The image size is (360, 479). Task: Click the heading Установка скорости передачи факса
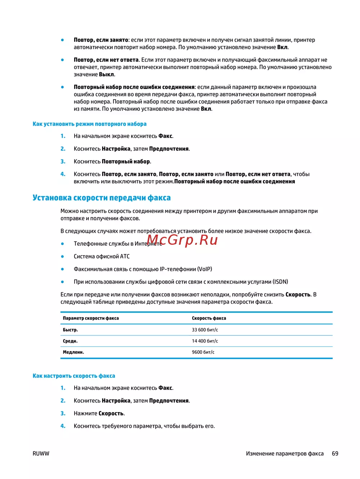click(102, 198)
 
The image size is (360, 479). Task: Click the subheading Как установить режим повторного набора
click(89, 124)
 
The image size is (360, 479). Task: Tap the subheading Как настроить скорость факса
click(74, 376)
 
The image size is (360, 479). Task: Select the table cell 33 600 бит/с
click(205, 330)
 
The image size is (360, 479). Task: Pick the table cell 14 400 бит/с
click(205, 341)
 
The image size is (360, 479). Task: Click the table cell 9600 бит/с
click(203, 352)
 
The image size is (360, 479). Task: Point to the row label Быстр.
click(70, 330)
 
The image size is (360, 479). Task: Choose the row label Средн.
click(70, 341)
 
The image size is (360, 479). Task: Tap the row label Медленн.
click(73, 352)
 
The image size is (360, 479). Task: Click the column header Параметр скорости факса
click(91, 318)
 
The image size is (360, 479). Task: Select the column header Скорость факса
click(209, 318)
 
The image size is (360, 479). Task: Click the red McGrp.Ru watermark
click(182, 240)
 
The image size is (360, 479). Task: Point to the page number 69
click(335, 454)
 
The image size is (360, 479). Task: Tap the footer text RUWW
click(41, 454)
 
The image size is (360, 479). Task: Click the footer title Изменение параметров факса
click(285, 454)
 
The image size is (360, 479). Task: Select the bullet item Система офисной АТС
click(102, 257)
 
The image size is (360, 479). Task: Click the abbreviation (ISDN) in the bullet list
click(280, 282)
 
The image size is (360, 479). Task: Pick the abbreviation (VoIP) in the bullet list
click(204, 269)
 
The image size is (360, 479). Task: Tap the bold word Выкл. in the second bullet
click(107, 74)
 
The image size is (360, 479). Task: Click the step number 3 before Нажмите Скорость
click(63, 414)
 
